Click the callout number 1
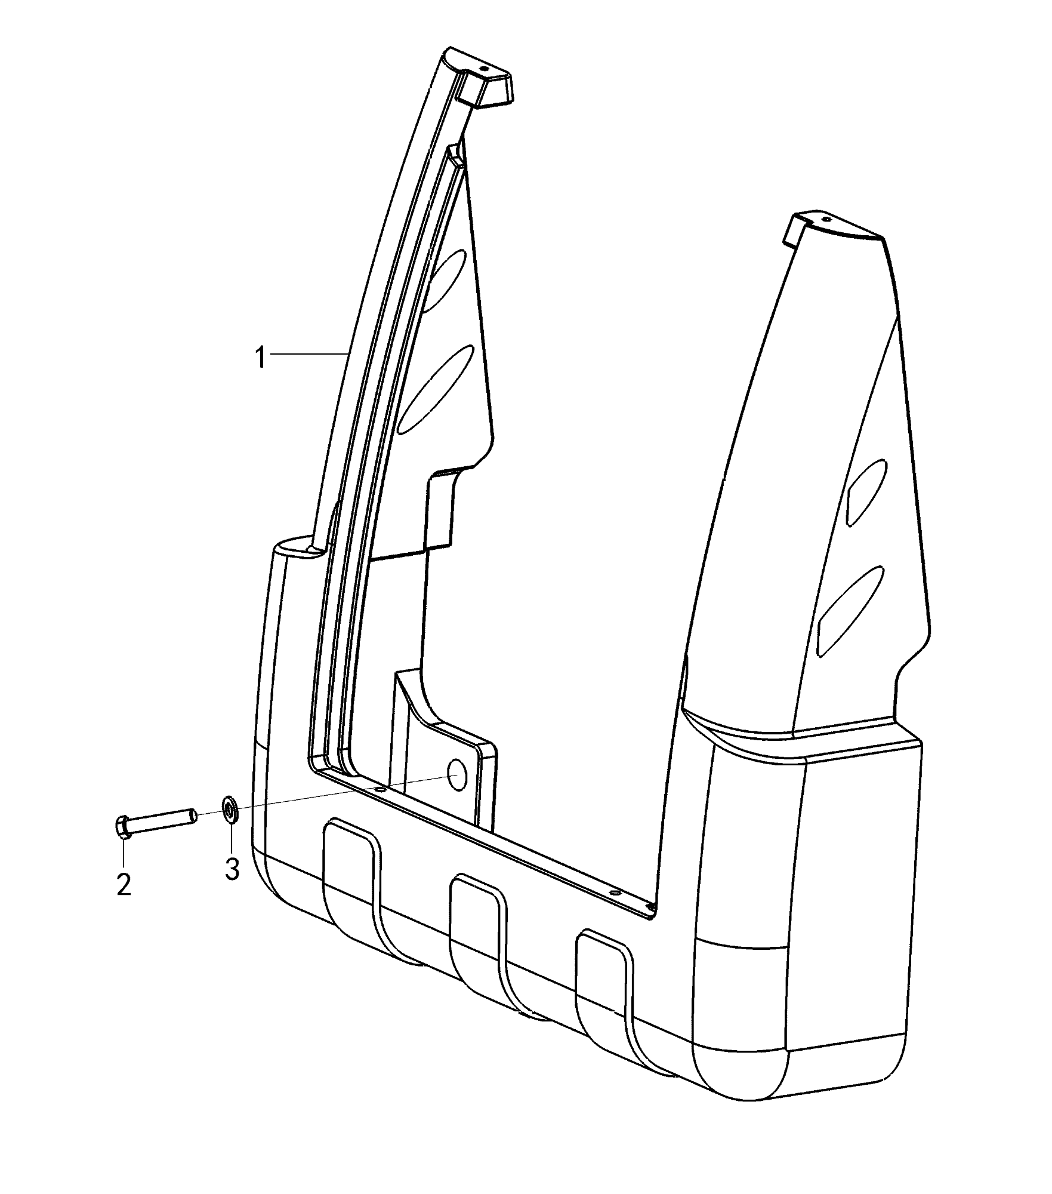tap(260, 358)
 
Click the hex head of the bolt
tap(121, 826)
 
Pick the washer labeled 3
tap(229, 810)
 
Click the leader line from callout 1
tap(308, 355)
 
